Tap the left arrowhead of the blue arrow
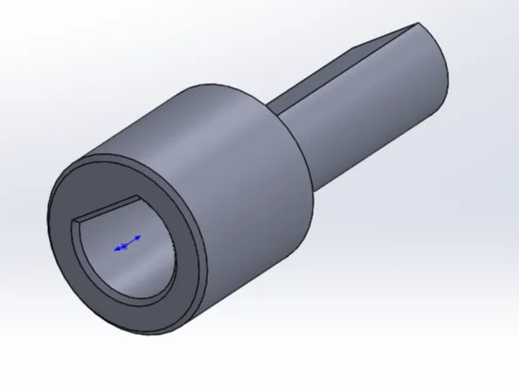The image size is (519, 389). pyautogui.click(x=116, y=249)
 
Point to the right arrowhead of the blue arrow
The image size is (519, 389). pyautogui.click(x=140, y=236)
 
